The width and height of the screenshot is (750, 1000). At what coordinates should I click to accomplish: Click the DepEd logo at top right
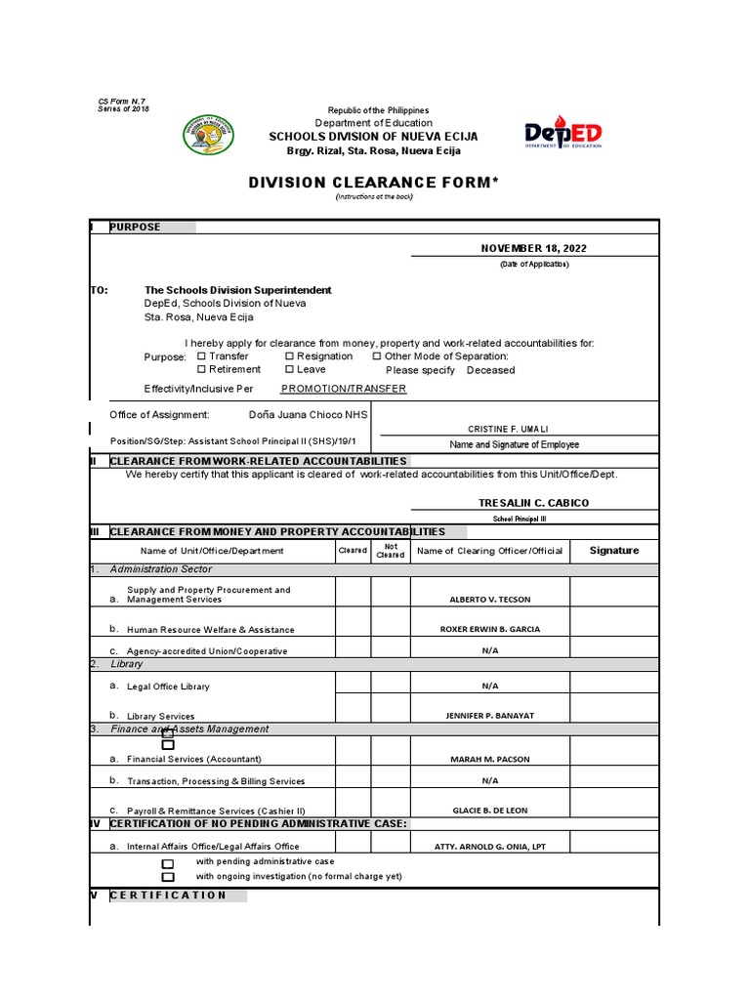(562, 134)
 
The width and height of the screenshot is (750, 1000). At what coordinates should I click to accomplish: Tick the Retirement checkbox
(202, 369)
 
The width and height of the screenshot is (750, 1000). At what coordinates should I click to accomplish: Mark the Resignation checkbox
(290, 356)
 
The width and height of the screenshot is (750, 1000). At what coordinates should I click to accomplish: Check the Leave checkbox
(290, 369)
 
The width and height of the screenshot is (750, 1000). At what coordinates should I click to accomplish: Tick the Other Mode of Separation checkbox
(377, 356)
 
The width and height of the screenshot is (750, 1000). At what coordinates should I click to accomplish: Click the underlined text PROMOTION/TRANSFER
(343, 389)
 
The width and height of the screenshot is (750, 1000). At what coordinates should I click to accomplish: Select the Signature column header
(614, 551)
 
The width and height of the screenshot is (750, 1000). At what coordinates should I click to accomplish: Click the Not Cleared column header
(390, 551)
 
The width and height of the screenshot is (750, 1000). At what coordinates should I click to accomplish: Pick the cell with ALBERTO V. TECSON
(490, 600)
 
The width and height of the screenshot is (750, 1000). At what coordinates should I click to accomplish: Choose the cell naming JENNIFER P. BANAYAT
(490, 716)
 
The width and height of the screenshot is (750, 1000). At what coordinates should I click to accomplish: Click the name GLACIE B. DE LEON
(490, 811)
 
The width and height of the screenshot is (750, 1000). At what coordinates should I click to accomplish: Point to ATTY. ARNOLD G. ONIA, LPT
(490, 847)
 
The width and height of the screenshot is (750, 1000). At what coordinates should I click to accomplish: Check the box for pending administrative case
(168, 863)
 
